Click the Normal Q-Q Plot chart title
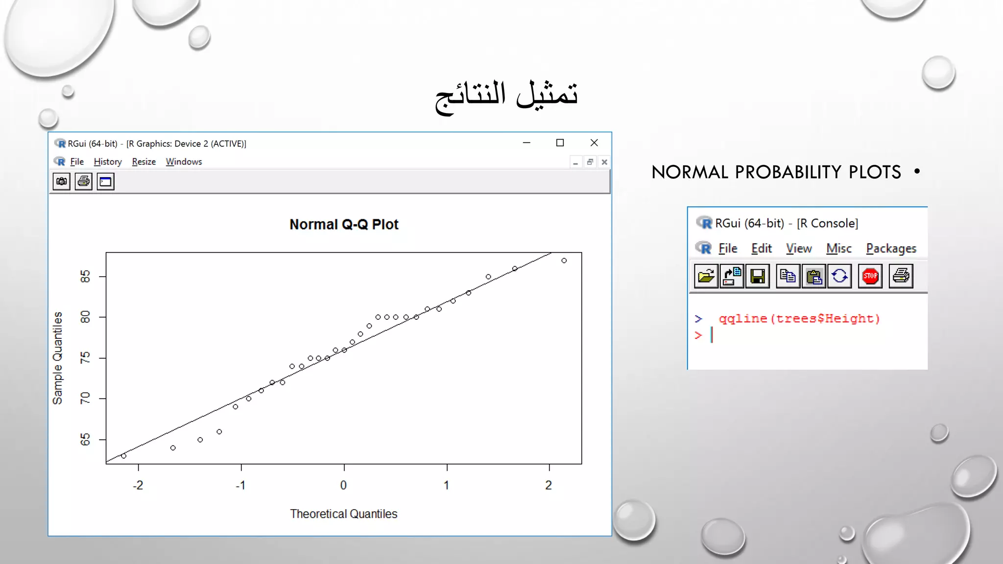click(x=344, y=224)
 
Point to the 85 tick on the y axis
click(x=85, y=277)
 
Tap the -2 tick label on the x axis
click(x=138, y=485)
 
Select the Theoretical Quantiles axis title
click(x=343, y=514)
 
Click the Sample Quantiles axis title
click(x=58, y=358)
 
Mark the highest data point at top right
click(x=564, y=260)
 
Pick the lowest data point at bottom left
click(x=124, y=456)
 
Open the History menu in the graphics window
click(x=108, y=162)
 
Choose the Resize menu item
click(x=144, y=162)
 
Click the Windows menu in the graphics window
click(x=184, y=162)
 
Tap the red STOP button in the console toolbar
click(x=870, y=276)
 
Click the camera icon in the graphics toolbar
click(x=62, y=182)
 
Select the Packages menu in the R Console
click(x=891, y=249)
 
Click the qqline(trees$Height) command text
click(x=799, y=319)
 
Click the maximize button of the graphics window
click(x=560, y=143)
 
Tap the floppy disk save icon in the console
click(x=757, y=276)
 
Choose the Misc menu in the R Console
click(x=839, y=249)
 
